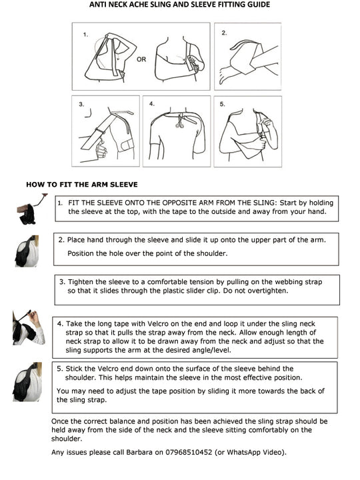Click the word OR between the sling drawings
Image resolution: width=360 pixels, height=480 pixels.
(x=141, y=59)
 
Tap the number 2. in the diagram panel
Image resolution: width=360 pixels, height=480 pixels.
(x=225, y=33)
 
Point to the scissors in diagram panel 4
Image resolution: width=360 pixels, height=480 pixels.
(x=179, y=121)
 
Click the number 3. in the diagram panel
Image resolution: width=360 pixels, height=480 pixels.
(x=81, y=105)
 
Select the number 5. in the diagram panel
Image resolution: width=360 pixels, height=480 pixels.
(x=222, y=105)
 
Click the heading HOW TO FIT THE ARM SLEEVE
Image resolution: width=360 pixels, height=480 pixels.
(x=82, y=185)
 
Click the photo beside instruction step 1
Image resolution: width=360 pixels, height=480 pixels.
(x=31, y=209)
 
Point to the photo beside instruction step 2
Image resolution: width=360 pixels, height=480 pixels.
(x=27, y=251)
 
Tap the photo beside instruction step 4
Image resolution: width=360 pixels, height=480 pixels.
(x=29, y=327)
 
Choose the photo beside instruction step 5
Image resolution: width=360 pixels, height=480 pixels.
(x=27, y=382)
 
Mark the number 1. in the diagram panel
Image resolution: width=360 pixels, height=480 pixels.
(x=85, y=35)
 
